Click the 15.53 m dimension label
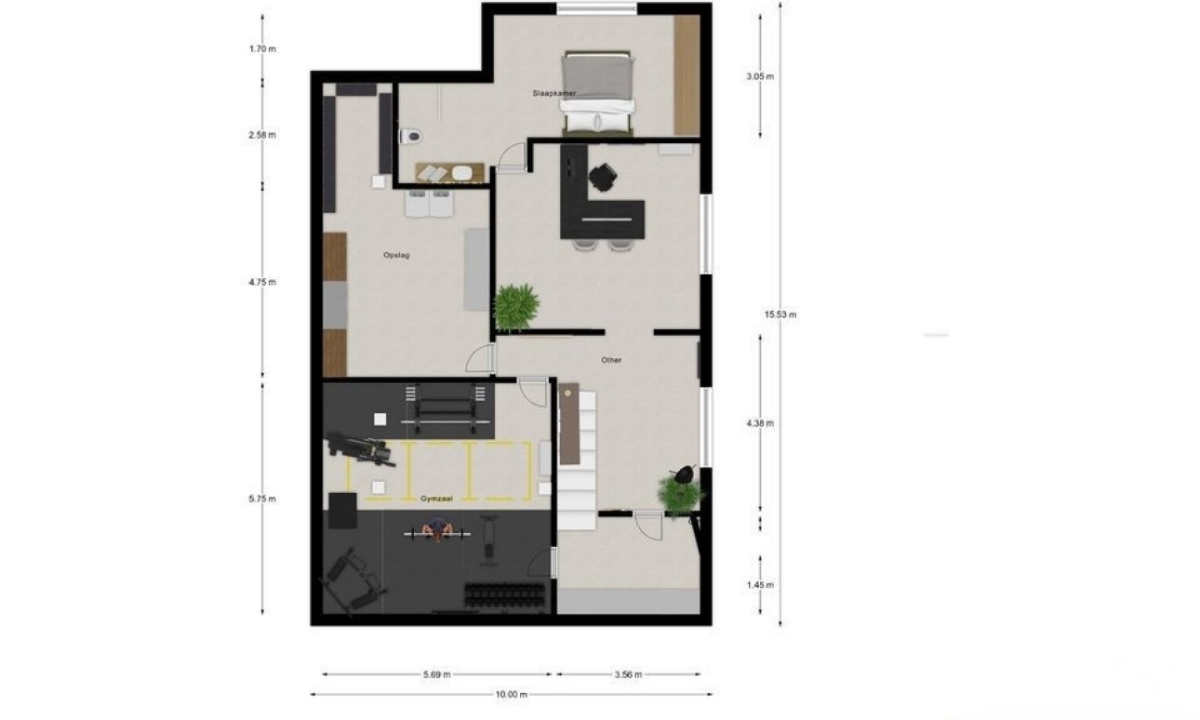click(x=780, y=315)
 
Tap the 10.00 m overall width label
click(x=511, y=695)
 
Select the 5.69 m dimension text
click(x=436, y=674)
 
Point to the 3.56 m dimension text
click(x=628, y=674)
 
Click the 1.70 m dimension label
click(x=262, y=49)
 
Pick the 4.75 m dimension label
click(x=262, y=282)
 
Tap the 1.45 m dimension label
click(x=760, y=585)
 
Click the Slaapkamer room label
click(x=553, y=93)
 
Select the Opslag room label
click(x=396, y=256)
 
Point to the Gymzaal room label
click(x=436, y=499)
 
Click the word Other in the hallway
click(x=611, y=361)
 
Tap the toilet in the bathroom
click(x=411, y=136)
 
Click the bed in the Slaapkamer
click(x=597, y=93)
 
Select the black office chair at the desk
click(x=603, y=176)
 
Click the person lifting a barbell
click(x=438, y=530)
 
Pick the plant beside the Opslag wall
click(x=515, y=308)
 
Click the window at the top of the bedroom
click(x=596, y=8)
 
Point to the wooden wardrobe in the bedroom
click(x=687, y=75)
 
